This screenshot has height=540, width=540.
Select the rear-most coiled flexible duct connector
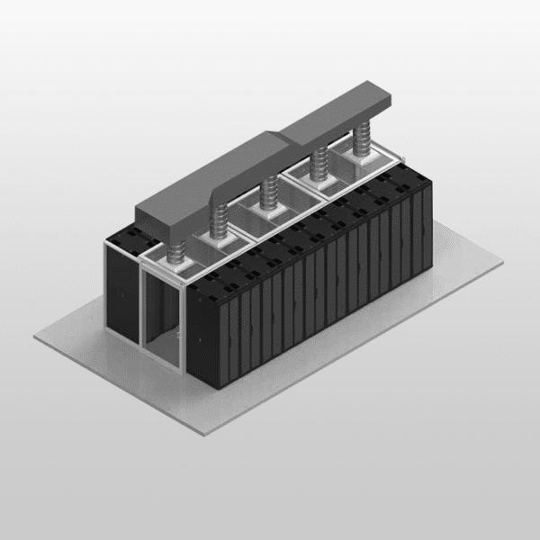pyautogui.click(x=362, y=140)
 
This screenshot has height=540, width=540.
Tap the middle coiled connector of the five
pyautogui.click(x=268, y=191)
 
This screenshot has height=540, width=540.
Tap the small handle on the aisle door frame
pyautogui.click(x=179, y=335)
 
